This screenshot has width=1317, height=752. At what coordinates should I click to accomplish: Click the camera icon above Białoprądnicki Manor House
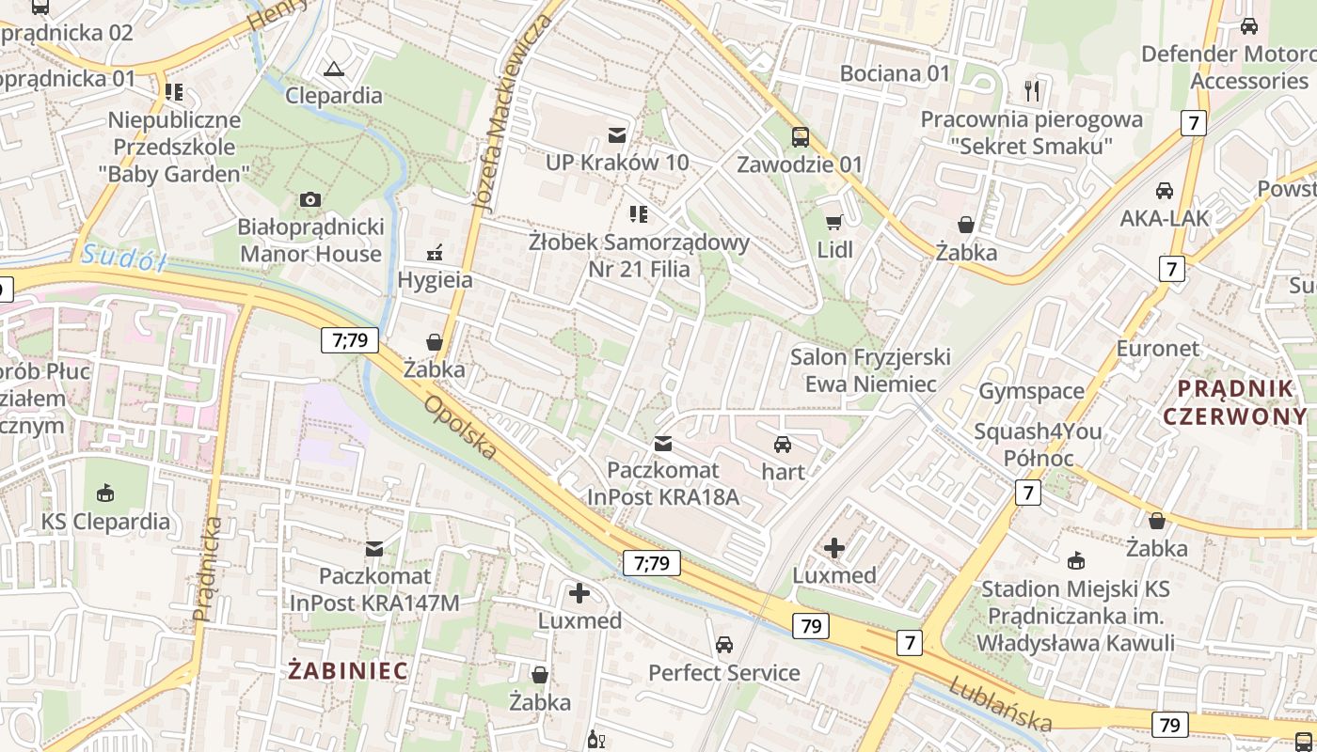309,199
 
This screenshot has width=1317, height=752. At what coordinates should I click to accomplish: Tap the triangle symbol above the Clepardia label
333,69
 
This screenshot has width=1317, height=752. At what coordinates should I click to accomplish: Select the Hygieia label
435,280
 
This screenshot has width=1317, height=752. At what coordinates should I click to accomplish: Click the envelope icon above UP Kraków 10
617,135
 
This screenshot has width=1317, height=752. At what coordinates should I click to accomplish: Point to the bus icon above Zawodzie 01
800,137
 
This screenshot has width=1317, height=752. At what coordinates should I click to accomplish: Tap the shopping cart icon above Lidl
833,223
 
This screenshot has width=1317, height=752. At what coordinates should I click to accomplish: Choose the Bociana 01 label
895,73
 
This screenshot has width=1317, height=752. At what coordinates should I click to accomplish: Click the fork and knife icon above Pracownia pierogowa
1032,91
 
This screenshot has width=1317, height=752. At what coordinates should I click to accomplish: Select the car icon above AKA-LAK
1164,191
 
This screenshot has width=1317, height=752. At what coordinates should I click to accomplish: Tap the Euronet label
1157,349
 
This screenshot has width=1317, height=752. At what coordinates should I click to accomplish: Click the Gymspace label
1031,391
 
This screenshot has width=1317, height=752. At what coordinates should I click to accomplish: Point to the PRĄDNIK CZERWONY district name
1234,402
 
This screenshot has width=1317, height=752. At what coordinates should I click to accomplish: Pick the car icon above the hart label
783,445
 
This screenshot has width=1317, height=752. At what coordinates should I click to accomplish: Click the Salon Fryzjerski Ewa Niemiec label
870,370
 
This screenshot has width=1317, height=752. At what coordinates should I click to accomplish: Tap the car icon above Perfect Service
723,645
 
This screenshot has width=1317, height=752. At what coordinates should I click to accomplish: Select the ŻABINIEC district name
348,671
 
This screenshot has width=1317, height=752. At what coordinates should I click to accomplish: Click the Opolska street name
460,428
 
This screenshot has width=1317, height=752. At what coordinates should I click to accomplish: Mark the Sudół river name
123,257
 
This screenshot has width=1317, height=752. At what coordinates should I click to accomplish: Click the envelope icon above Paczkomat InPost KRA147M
374,549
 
